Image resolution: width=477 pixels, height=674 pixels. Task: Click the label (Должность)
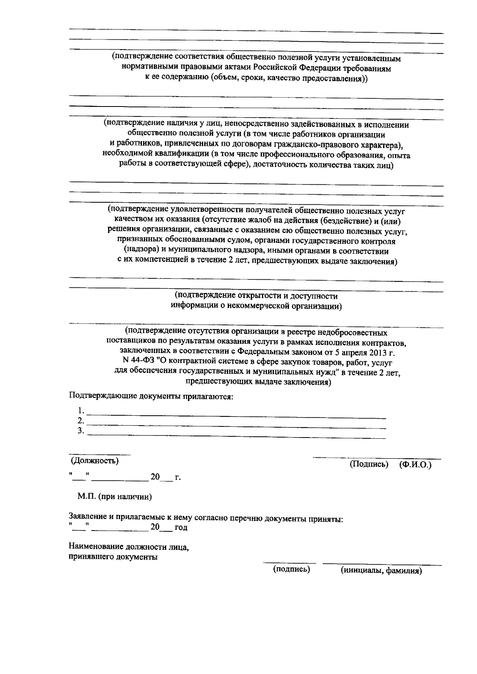click(95, 461)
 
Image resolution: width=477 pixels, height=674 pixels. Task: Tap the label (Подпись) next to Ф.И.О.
click(368, 465)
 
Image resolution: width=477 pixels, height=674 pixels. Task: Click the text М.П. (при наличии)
click(114, 497)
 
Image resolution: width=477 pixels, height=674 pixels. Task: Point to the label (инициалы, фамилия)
click(381, 571)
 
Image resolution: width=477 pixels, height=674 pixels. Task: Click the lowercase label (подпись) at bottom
click(291, 569)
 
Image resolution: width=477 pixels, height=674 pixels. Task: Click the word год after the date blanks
click(181, 528)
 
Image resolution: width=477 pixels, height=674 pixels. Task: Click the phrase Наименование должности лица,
click(129, 547)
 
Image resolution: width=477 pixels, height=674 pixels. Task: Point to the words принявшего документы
click(113, 557)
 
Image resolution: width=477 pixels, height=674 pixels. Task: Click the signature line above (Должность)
click(100, 454)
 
